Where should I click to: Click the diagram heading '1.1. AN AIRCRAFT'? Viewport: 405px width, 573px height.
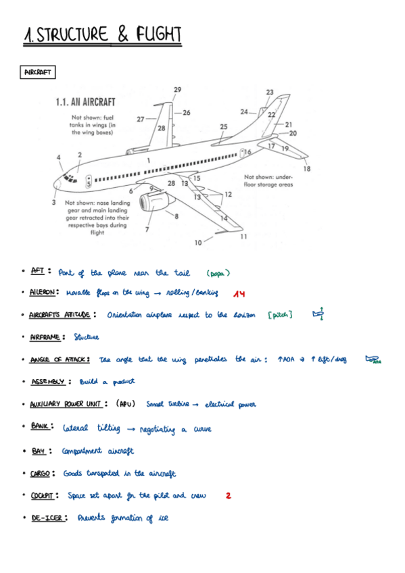click(x=85, y=102)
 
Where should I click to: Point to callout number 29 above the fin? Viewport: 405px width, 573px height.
click(x=177, y=90)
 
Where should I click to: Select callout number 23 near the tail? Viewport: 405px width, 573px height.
click(x=270, y=92)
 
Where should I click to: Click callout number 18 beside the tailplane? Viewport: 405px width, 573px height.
click(x=307, y=168)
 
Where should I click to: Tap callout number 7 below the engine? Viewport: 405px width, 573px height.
click(x=147, y=230)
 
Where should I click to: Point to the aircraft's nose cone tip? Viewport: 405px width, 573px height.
click(x=53, y=183)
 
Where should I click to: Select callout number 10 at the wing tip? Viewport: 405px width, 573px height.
click(x=198, y=242)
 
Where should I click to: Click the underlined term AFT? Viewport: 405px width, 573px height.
click(x=38, y=272)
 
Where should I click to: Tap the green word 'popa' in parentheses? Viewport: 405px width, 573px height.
click(x=218, y=274)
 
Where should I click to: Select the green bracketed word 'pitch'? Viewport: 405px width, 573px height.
click(x=280, y=316)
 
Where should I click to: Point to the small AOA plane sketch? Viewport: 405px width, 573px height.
click(x=373, y=359)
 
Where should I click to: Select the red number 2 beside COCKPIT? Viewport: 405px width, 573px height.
click(x=229, y=495)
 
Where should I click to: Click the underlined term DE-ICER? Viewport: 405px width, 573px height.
click(x=47, y=518)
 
